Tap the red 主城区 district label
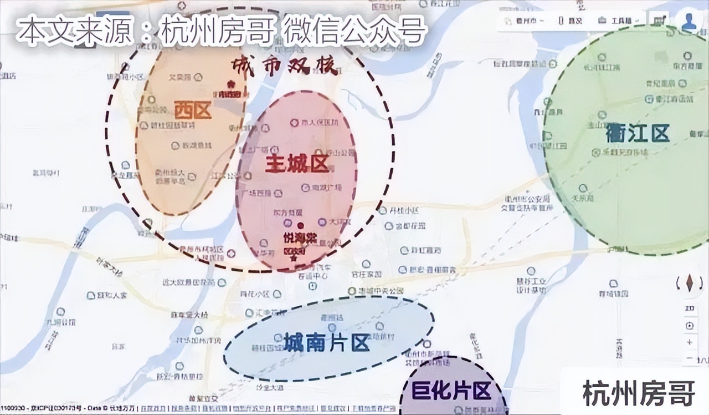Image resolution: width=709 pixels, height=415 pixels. coord(297,164)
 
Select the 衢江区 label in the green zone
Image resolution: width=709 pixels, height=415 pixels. coord(630,133)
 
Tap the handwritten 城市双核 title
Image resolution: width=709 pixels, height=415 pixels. coord(285,65)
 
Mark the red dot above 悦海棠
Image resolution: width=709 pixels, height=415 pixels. coord(300,225)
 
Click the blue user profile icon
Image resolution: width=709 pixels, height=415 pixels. coord(690,22)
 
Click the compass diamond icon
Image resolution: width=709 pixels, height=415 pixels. coord(690,283)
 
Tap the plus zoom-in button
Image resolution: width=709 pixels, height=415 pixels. coord(690,342)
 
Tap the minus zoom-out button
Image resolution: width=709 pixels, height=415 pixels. coord(690,359)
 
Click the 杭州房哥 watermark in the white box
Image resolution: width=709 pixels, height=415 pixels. coord(639,393)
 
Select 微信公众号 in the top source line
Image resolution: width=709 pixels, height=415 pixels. coord(354,31)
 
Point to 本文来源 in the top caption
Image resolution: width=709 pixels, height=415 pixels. coord(74,31)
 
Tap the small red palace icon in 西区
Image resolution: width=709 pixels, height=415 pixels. coord(231,84)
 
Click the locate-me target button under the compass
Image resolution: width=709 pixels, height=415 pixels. coord(690,326)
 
